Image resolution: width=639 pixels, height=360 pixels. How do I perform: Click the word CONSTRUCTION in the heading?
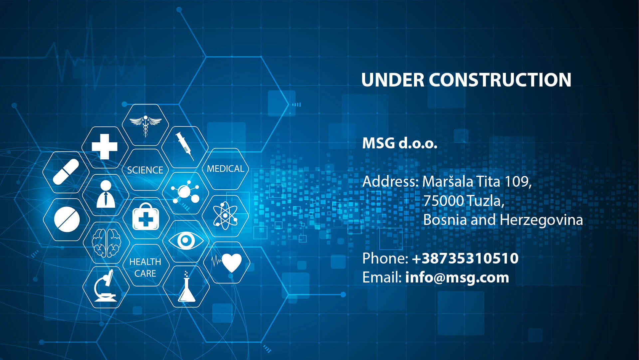(500, 80)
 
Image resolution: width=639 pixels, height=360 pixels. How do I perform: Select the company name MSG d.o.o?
(400, 143)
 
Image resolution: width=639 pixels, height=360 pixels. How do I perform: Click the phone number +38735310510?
(465, 259)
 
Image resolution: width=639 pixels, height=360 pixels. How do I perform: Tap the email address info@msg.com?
(457, 278)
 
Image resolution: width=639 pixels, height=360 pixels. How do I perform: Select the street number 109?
(518, 182)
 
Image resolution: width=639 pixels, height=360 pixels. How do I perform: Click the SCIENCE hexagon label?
(145, 170)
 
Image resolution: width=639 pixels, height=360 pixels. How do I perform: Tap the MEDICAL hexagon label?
(226, 169)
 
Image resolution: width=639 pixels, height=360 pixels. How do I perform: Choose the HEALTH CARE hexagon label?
(145, 268)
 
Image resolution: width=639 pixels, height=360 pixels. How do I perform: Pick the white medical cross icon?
(105, 147)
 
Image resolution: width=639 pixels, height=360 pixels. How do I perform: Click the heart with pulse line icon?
(227, 263)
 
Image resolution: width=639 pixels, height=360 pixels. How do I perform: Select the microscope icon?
(105, 286)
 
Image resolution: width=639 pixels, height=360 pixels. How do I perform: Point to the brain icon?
(106, 243)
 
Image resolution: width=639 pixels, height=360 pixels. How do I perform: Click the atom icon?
(225, 216)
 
